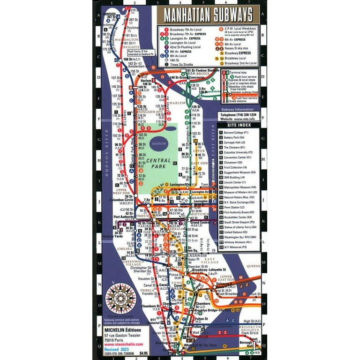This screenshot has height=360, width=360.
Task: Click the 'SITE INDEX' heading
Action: click(238, 126)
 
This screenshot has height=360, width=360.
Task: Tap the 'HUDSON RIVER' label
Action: click(106, 159)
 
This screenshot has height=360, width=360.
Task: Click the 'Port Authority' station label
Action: click(124, 217)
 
